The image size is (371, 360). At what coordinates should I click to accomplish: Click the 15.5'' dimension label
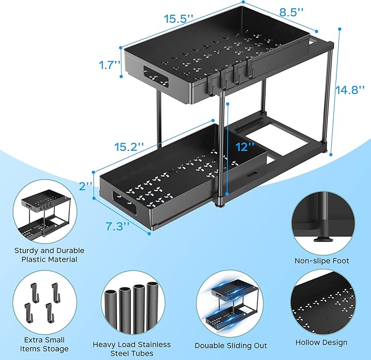179,18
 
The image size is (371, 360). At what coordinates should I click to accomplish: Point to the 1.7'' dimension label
110,64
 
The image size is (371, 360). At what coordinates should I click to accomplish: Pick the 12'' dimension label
245,146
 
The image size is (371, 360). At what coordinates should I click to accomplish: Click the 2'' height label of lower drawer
86,186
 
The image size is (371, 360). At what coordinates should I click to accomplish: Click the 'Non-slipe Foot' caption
321,261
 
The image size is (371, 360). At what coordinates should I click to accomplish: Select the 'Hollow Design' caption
321,343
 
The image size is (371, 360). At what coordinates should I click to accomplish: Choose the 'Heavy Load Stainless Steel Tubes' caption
132,349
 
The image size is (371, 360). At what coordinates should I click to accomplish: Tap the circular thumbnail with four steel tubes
131,304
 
